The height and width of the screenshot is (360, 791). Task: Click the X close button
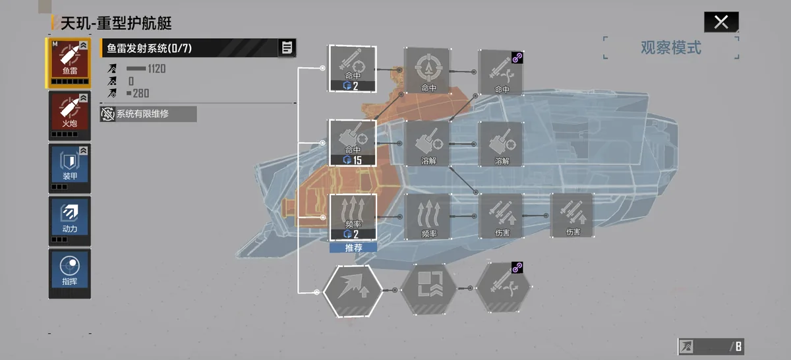tap(721, 22)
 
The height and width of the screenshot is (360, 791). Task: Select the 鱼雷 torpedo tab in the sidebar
tap(70, 63)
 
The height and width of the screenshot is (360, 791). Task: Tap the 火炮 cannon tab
tap(70, 115)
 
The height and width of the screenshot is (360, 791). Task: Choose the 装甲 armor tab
tap(70, 168)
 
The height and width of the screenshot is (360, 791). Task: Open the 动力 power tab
tap(70, 221)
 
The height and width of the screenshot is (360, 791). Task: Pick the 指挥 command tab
tap(70, 274)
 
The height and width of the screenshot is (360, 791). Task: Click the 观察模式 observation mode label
tap(671, 47)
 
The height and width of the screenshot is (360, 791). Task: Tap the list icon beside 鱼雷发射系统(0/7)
tap(287, 47)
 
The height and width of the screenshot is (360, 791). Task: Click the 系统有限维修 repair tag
tap(148, 114)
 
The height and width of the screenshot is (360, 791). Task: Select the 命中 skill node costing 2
tap(353, 69)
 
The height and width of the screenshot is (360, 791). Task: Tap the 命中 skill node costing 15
tap(353, 142)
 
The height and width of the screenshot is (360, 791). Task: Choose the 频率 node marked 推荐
tap(353, 218)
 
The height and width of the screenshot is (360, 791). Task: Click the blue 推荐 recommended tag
tap(353, 248)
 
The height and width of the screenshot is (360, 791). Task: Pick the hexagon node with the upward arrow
tap(353, 291)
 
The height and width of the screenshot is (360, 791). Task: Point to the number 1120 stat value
tap(156, 69)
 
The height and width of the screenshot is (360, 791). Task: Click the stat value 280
tap(140, 94)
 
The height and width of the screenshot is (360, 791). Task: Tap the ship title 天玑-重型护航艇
tap(116, 23)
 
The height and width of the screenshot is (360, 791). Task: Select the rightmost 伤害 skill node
tap(572, 216)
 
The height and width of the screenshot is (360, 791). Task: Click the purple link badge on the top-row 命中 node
tap(517, 57)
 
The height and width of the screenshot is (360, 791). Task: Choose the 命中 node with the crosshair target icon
tap(428, 71)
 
